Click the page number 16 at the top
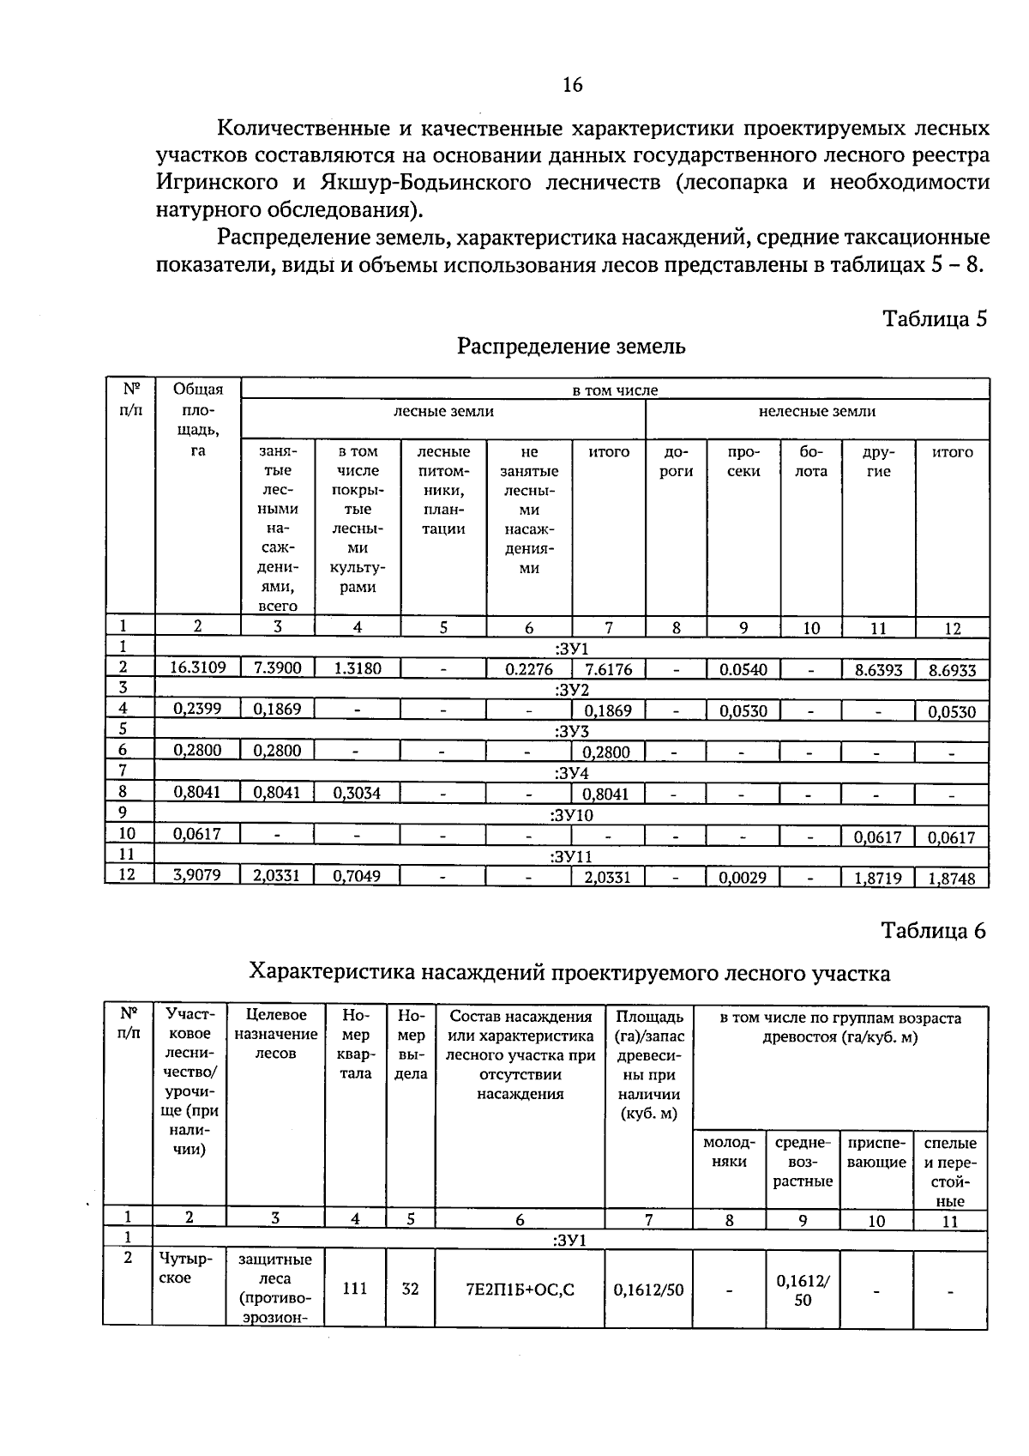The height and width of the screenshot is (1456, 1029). (x=572, y=84)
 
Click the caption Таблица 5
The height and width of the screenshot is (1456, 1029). (x=935, y=319)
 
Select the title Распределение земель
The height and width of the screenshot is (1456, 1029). (x=571, y=347)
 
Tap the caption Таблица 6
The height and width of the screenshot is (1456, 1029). (x=935, y=931)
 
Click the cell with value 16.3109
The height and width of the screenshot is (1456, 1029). (x=197, y=668)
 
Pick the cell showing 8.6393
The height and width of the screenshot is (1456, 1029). (x=878, y=670)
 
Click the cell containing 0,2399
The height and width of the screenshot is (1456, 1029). (x=197, y=709)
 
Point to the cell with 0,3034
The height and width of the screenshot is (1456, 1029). (x=357, y=793)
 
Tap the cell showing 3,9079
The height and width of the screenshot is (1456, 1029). (x=197, y=876)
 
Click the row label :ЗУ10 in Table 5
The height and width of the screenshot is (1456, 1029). (x=571, y=814)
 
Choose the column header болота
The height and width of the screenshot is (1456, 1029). (x=811, y=461)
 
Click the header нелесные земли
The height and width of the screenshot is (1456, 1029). (x=816, y=412)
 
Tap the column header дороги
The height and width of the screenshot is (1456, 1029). (x=676, y=461)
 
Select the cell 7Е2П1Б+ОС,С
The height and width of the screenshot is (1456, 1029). (x=520, y=1289)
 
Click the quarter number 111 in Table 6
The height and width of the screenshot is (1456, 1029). (x=355, y=1288)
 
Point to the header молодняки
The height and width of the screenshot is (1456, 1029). (x=729, y=1152)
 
